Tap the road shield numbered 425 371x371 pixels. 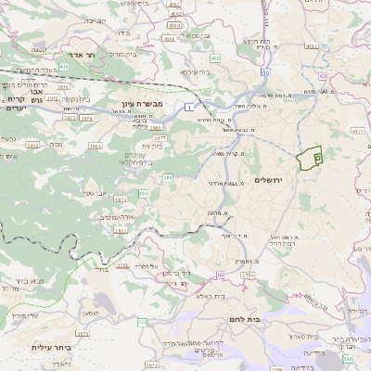point(64,67)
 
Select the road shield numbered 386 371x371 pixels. point(168,176)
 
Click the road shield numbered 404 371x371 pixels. point(214,58)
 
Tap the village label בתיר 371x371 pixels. point(101,270)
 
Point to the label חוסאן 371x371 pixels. point(103,313)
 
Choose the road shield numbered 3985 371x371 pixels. point(155,127)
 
